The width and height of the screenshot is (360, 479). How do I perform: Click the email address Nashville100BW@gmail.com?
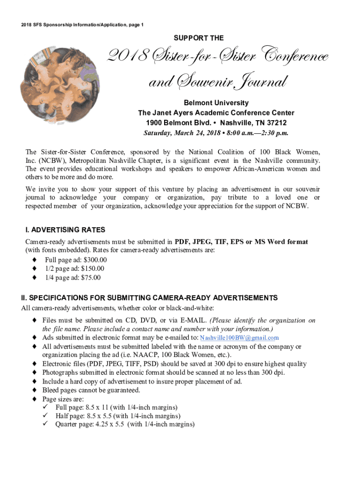pyautogui.click(x=239, y=338)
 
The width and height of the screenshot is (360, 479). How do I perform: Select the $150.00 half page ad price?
pyautogui.click(x=93, y=269)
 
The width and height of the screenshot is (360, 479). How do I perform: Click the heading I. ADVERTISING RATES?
pyautogui.click(x=65, y=230)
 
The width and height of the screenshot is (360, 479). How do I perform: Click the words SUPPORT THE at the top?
pyautogui.click(x=199, y=38)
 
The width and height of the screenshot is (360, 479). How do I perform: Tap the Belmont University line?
pyautogui.click(x=216, y=103)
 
